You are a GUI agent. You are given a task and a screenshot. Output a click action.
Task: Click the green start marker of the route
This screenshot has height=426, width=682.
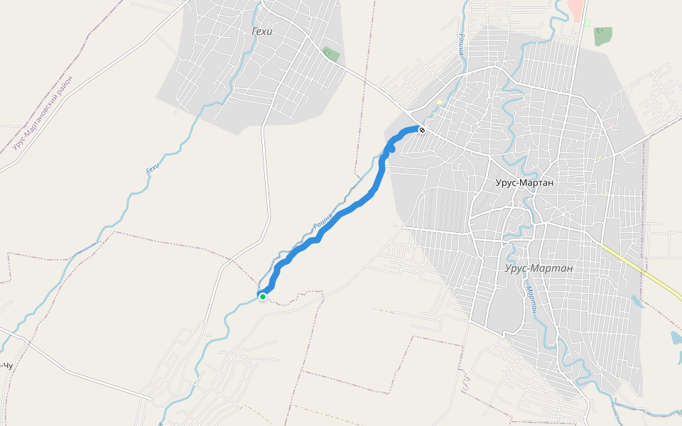[x=263, y=297]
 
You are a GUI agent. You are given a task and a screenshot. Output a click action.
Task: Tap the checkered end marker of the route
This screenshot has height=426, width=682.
[x=422, y=130]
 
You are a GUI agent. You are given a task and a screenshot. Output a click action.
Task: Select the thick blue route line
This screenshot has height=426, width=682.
[x=341, y=213]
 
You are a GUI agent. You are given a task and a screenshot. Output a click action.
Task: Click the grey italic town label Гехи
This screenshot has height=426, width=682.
[x=262, y=31]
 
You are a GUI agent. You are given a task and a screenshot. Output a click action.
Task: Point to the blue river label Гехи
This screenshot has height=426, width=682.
[x=151, y=167]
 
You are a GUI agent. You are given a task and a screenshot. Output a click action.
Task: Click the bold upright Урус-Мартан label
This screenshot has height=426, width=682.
[x=524, y=182]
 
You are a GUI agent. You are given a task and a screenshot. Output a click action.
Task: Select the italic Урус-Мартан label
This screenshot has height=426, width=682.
[x=538, y=268]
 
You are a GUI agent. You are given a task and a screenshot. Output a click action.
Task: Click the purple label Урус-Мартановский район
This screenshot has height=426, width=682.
[x=43, y=114]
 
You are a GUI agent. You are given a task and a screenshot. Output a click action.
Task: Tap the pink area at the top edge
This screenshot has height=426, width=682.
[x=577, y=9]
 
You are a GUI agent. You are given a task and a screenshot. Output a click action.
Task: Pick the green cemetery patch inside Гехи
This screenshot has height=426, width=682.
[x=330, y=54]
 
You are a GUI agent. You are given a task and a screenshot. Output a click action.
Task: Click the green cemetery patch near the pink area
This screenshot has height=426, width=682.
[x=603, y=35]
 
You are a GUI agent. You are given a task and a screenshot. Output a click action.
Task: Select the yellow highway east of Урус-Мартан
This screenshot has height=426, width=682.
[x=639, y=270]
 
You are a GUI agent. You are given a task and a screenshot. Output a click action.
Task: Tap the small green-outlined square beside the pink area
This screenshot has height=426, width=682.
[x=588, y=23]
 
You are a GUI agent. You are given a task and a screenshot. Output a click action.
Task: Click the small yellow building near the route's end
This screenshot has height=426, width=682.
[x=440, y=102]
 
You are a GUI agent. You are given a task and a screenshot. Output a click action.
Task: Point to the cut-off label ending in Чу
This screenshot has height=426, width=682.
[x=6, y=366]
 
